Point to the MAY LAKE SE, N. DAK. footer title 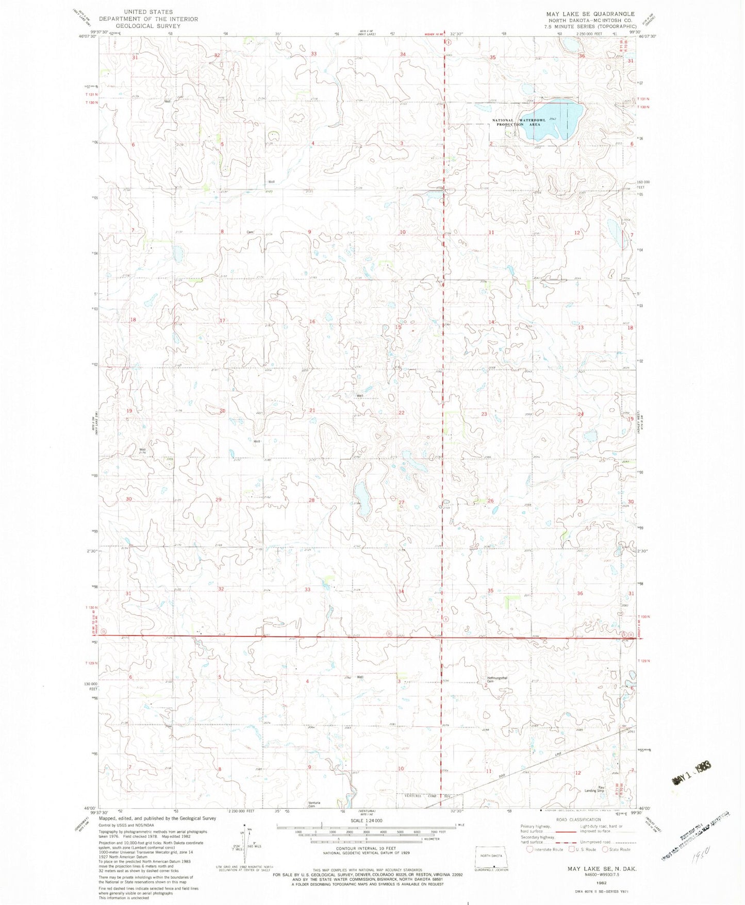602,869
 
